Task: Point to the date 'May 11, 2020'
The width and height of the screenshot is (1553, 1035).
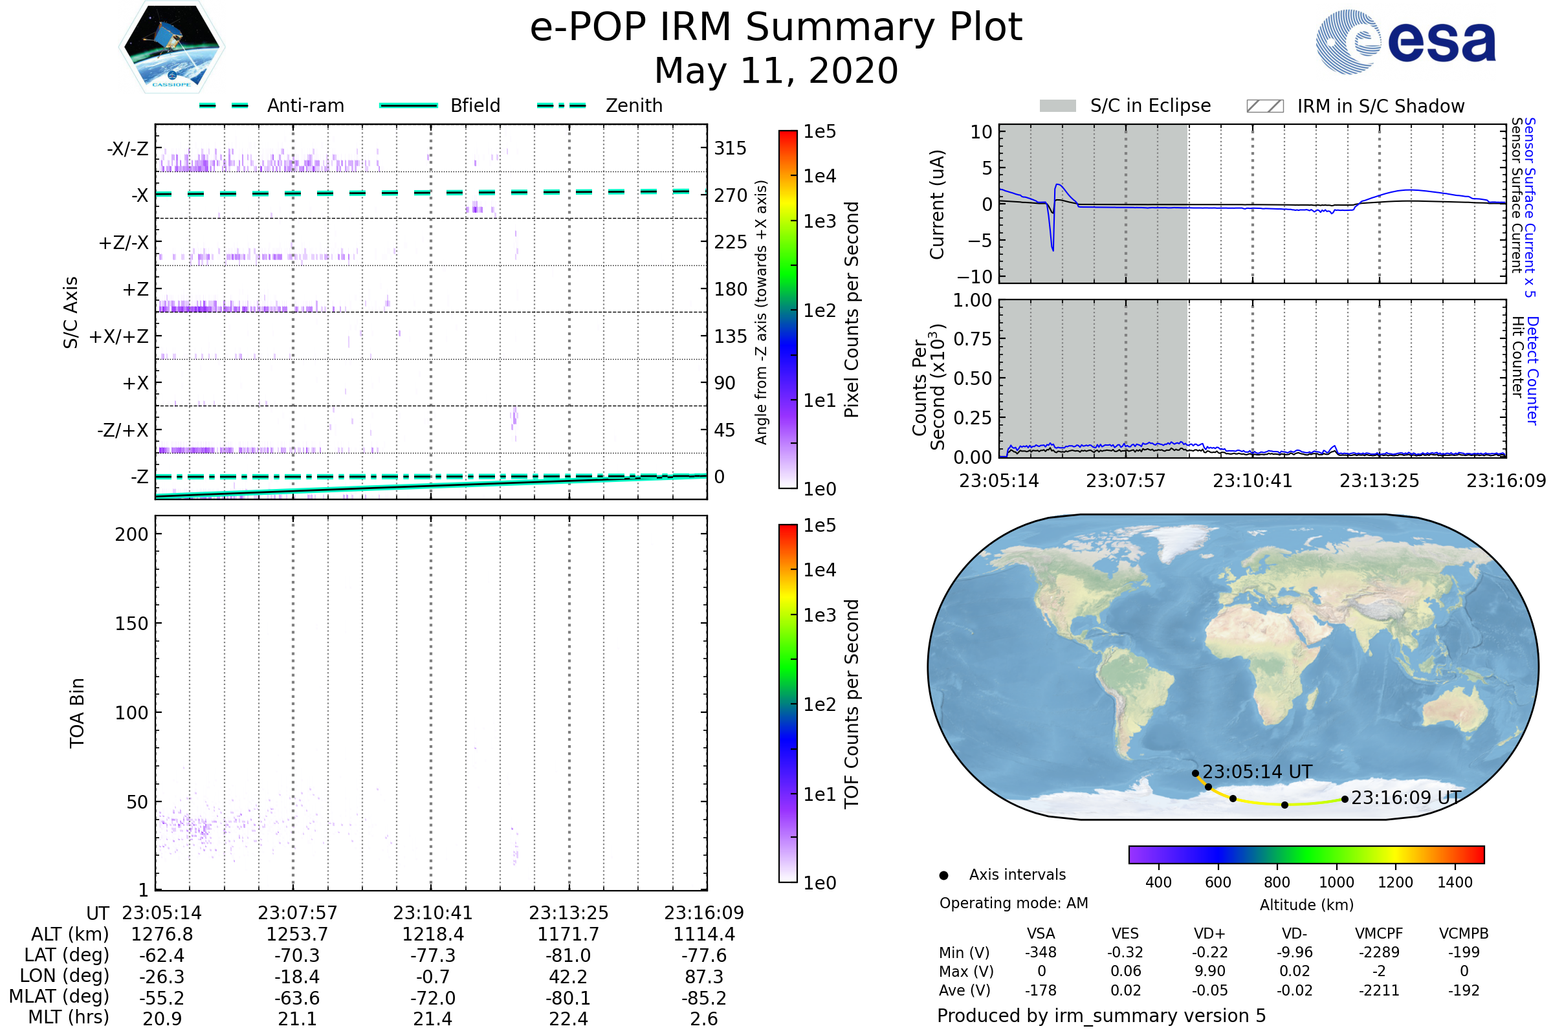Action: coord(776,71)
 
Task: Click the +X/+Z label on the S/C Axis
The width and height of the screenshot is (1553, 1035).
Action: coord(120,336)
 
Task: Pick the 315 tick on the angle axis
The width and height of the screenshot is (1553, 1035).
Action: coord(731,149)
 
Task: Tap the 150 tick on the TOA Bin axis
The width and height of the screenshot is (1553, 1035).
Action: coord(131,624)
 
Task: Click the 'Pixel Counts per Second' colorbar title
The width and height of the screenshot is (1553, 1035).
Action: coord(852,310)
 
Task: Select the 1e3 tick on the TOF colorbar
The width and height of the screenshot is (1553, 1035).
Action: coord(819,615)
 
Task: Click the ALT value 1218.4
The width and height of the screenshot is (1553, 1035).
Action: coord(432,934)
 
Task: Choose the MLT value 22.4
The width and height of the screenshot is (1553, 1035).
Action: coord(568,1018)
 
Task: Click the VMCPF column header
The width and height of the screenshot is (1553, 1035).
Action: coord(1379,933)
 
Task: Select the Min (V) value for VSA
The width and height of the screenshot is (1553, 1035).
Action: coord(1041,952)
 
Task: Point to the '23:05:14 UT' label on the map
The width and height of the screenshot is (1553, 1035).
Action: coord(1257,772)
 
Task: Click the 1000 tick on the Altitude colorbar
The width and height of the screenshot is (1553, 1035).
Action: coord(1336,882)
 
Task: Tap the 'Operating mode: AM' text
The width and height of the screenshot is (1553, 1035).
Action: coord(1013,903)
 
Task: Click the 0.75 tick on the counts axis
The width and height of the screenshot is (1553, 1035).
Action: coord(973,339)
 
